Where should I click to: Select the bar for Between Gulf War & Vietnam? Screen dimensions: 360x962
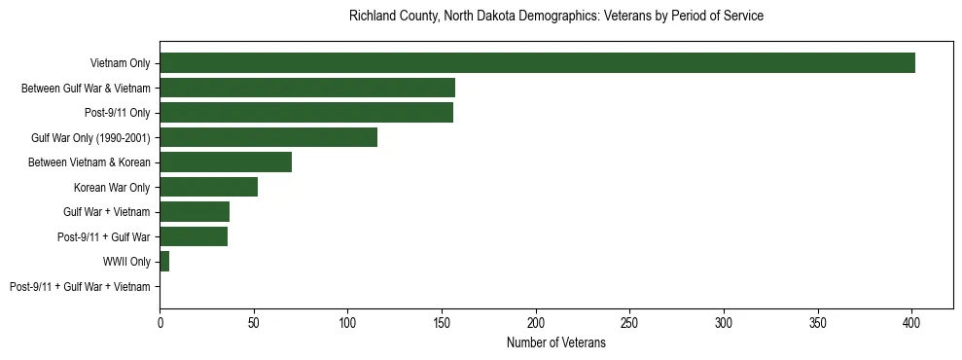(x=307, y=88)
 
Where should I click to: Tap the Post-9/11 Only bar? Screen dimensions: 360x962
(x=306, y=113)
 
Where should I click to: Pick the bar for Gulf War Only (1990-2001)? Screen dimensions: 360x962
(x=268, y=137)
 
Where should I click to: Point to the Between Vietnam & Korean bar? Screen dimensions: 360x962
(x=226, y=162)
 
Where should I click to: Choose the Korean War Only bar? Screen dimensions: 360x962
(x=208, y=187)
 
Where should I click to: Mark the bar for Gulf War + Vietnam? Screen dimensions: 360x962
(x=195, y=212)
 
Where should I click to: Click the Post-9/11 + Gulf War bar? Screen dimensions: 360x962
(x=194, y=236)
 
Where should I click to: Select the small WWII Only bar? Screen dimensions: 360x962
(x=164, y=262)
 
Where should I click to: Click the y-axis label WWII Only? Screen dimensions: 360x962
(x=126, y=262)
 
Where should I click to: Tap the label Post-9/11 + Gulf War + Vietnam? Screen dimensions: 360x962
(x=80, y=287)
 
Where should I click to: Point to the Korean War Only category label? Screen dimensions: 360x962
(x=112, y=187)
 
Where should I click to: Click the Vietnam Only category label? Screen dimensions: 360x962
(x=120, y=63)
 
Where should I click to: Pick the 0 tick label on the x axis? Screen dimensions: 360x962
(x=160, y=321)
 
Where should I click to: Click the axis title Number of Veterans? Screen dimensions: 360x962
(x=556, y=342)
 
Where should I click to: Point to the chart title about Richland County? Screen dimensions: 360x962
(x=556, y=17)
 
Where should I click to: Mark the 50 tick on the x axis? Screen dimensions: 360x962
(x=254, y=321)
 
